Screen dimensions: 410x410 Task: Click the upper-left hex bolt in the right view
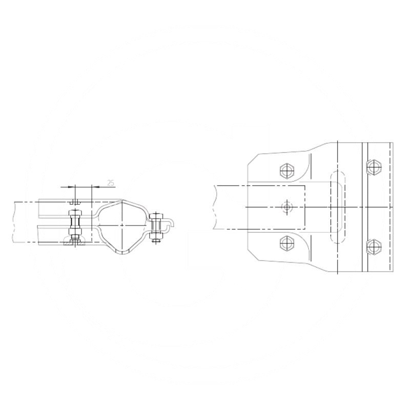click(x=286, y=170)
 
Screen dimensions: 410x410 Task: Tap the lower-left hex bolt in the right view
click(x=286, y=243)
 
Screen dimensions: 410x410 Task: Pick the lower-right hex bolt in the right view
click(x=375, y=246)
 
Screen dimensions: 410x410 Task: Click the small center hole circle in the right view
click(x=286, y=207)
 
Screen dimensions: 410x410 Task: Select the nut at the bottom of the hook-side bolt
click(x=155, y=237)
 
